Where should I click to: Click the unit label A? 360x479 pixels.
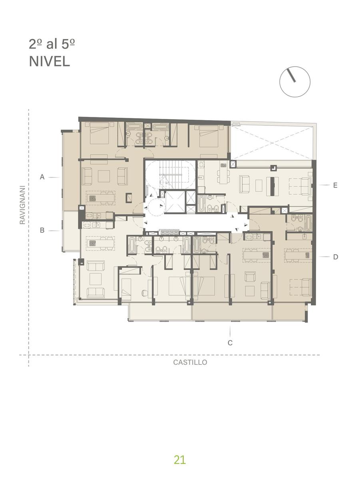pyautogui.click(x=42, y=177)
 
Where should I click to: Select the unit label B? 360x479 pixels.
pyautogui.click(x=42, y=230)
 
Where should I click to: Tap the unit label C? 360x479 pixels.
pyautogui.click(x=230, y=343)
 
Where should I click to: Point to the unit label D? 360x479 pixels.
pyautogui.click(x=336, y=257)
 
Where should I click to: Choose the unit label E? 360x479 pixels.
pyautogui.click(x=335, y=185)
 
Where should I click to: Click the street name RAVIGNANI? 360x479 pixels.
pyautogui.click(x=22, y=205)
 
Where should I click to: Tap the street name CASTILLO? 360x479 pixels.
pyautogui.click(x=190, y=362)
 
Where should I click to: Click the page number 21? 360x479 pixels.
pyautogui.click(x=180, y=460)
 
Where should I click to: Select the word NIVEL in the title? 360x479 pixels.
pyautogui.click(x=50, y=61)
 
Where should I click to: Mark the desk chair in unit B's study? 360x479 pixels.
pyautogui.click(x=145, y=293)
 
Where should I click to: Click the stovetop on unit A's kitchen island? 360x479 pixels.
pyautogui.click(x=92, y=198)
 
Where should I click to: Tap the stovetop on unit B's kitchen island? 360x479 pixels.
pyautogui.click(x=92, y=243)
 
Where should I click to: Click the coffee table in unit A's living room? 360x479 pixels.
pyautogui.click(x=104, y=176)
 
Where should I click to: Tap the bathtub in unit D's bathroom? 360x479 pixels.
pyautogui.click(x=308, y=223)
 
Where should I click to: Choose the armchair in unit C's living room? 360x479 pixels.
pyautogui.click(x=250, y=276)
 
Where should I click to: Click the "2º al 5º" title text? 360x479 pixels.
pyautogui.click(x=52, y=44)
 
